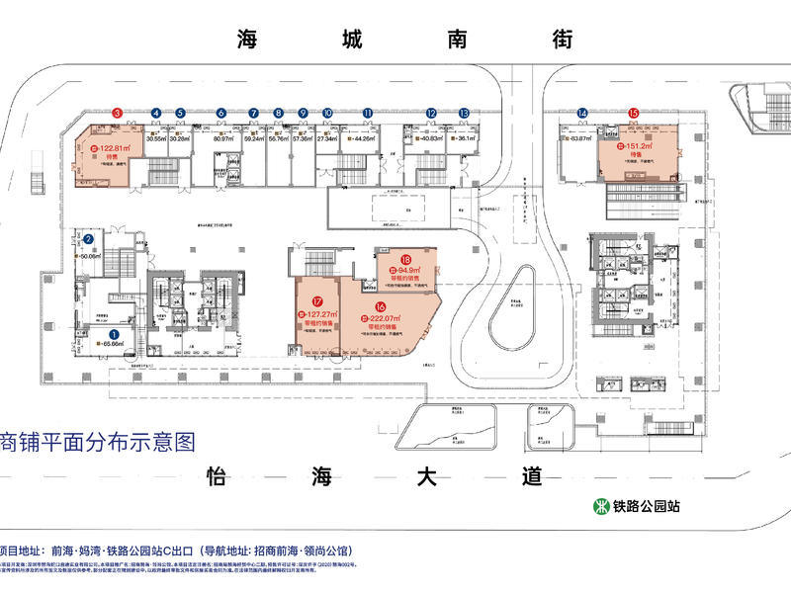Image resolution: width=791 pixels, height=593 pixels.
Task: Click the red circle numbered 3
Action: click(117, 114)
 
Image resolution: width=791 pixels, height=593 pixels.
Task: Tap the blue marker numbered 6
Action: click(220, 114)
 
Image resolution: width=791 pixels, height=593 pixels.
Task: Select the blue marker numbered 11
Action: click(367, 114)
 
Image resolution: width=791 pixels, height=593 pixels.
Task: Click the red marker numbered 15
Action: click(633, 114)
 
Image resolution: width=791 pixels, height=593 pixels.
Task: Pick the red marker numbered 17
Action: click(316, 302)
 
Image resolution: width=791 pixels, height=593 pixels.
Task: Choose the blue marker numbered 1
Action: click(114, 334)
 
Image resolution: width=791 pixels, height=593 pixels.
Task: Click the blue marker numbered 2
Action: click(88, 238)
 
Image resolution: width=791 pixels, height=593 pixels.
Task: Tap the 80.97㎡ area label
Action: click(221, 139)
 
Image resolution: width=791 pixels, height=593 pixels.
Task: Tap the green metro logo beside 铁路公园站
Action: click(600, 506)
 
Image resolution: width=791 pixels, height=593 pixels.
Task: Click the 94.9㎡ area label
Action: click(402, 269)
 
